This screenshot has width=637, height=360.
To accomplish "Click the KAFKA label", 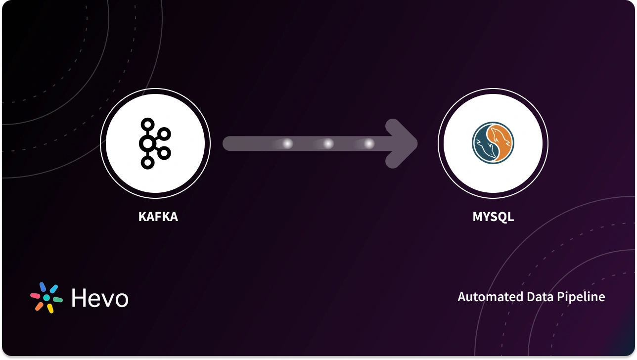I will point(158,217).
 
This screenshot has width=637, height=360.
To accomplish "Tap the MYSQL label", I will point(493,217).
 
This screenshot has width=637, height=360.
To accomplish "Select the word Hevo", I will point(100,298).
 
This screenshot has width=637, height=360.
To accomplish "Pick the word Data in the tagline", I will point(540,297).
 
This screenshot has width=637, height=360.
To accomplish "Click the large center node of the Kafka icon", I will point(147,144).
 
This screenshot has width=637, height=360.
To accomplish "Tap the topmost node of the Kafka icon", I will point(147,124).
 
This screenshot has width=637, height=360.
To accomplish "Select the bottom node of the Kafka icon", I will point(147,163).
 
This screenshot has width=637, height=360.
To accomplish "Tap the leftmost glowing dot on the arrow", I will point(287,144).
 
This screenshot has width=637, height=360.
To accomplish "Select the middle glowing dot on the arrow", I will point(328,144).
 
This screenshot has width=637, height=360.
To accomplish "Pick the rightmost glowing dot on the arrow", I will point(369,144).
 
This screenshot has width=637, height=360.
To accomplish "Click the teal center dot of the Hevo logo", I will point(46,298).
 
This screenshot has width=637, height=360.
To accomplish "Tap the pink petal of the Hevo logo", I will point(36,296).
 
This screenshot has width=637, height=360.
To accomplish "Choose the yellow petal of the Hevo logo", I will point(50,309).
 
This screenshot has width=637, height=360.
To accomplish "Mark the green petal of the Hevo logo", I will point(57,299).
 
